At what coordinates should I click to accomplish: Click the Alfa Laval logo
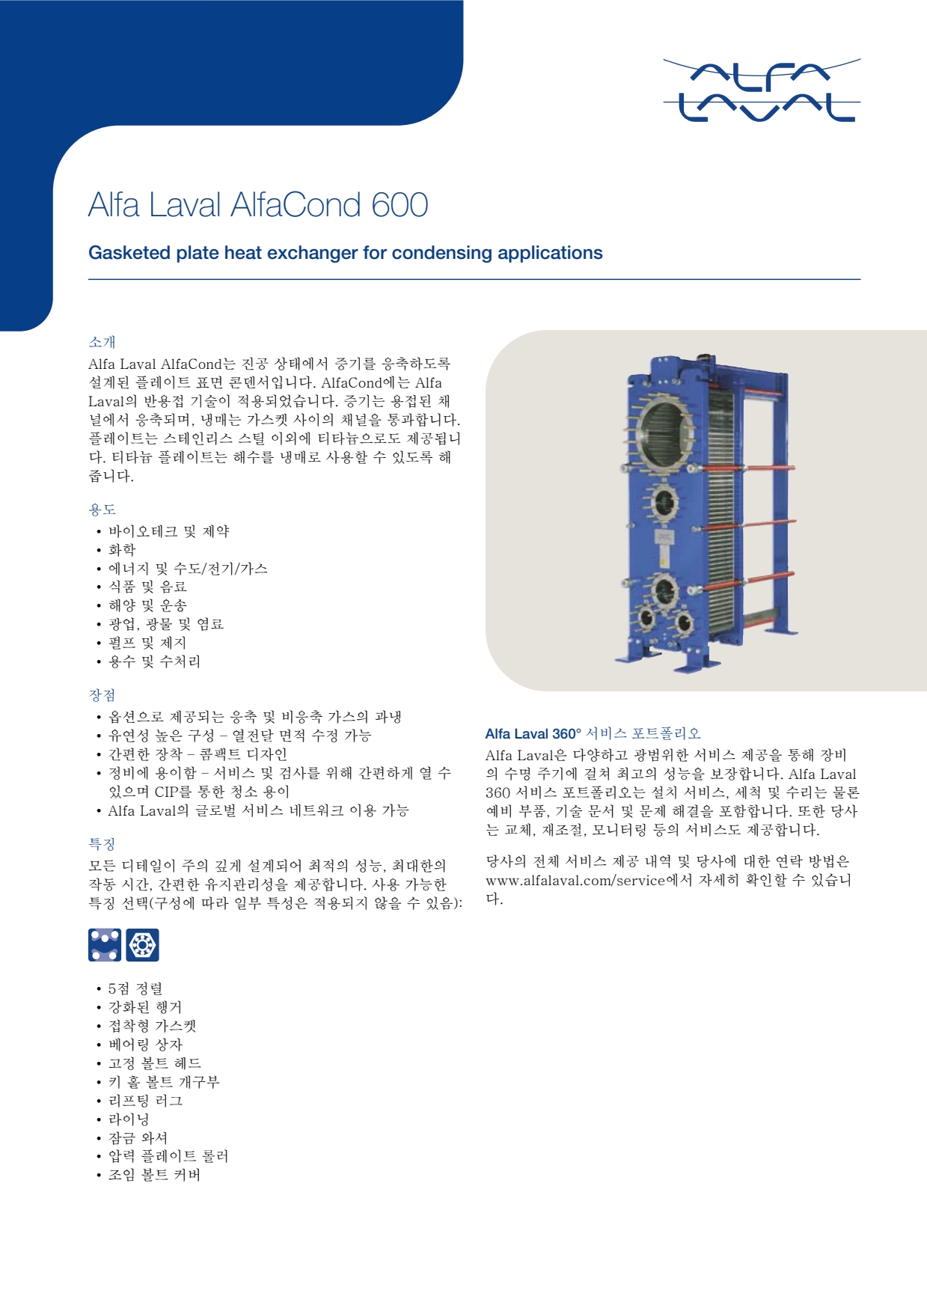(762, 90)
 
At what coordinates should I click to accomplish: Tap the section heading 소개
(102, 342)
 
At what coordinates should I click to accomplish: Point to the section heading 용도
(102, 510)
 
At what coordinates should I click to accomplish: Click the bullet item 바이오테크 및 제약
(168, 531)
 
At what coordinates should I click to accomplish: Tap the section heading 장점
(102, 695)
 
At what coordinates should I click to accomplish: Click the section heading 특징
(102, 844)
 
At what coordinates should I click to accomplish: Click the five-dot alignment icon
(105, 944)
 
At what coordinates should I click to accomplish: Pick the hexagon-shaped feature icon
(142, 944)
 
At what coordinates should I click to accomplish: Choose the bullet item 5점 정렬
(135, 989)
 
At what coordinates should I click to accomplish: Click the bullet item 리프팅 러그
(145, 1101)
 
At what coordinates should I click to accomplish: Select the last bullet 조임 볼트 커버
(154, 1175)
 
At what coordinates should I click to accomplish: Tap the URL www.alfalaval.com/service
(575, 881)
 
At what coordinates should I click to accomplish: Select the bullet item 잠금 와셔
(138, 1138)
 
